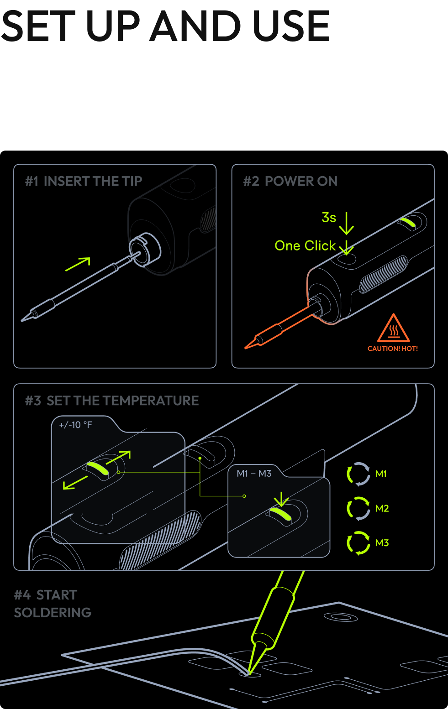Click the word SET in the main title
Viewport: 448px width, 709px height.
click(38, 26)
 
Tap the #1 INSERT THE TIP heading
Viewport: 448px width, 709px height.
click(84, 181)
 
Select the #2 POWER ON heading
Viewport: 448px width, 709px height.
click(290, 181)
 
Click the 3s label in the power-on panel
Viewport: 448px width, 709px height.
click(328, 218)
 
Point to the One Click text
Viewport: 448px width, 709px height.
click(305, 245)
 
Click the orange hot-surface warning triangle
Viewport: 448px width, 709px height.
click(393, 328)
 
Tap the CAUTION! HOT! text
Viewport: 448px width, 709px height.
click(393, 349)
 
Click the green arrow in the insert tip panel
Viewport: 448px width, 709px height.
click(78, 264)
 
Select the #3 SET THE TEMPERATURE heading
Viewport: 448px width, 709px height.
click(112, 401)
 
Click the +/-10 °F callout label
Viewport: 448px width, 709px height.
click(75, 425)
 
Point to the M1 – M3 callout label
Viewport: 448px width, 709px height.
click(254, 474)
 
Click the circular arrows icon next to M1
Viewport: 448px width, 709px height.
click(358, 474)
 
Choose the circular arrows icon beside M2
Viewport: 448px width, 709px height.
click(358, 509)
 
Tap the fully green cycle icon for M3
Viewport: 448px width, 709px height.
click(358, 543)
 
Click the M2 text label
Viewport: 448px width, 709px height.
click(382, 509)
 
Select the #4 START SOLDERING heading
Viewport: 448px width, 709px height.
click(53, 604)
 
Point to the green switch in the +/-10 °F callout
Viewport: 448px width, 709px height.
click(98, 468)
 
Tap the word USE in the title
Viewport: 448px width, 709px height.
click(291, 26)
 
